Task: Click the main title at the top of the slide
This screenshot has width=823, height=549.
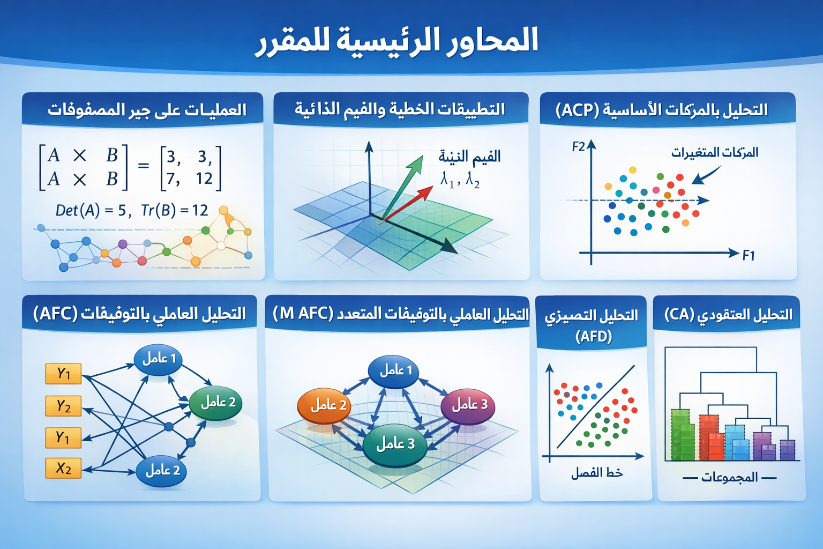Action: pos(397,41)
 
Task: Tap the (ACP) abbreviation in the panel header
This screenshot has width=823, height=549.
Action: pos(577,110)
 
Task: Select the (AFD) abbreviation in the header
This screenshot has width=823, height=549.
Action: pos(594,336)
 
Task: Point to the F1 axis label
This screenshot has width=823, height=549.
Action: pos(749,255)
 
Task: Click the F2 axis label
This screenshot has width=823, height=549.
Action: pos(578,147)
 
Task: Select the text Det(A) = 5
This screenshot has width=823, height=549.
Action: pos(91,210)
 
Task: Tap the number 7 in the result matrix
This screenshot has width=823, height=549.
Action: pos(171,179)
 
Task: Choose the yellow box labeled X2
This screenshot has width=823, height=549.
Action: pos(63,468)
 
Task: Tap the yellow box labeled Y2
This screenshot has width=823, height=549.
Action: pos(63,406)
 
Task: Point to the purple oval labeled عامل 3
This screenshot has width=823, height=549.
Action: pos(468,406)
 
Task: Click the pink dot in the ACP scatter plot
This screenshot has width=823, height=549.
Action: pos(656,190)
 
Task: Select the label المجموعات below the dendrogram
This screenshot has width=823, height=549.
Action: pos(729,478)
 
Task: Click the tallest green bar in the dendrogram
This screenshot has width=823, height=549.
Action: pos(680,435)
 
